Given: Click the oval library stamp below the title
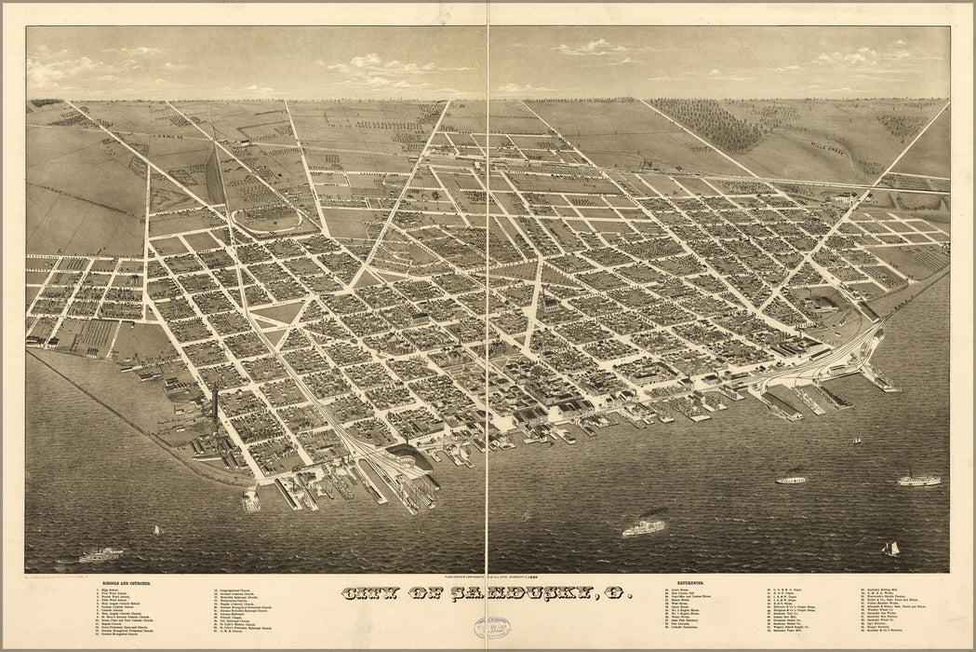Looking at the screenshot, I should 491,628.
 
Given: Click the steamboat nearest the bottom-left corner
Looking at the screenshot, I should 100,555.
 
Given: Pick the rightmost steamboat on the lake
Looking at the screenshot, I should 918,481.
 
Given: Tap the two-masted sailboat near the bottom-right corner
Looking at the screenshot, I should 891,548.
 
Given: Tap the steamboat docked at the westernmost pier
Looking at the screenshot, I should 250,500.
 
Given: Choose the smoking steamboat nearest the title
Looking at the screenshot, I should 644,527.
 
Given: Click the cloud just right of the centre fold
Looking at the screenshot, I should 592,47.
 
